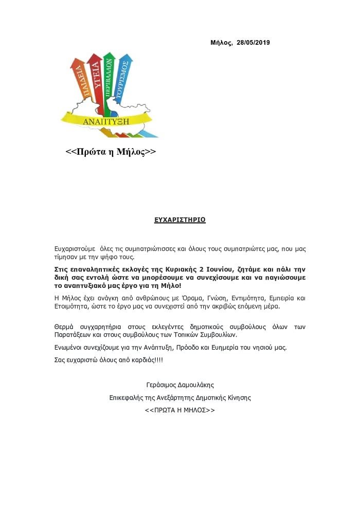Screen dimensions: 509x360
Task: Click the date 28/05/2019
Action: [x=253, y=43]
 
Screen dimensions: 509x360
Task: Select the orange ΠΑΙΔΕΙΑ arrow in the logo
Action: [x=79, y=85]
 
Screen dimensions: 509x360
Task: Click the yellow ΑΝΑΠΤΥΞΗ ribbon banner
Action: [x=105, y=121]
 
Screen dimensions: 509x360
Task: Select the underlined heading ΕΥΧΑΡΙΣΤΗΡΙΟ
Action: [x=180, y=220]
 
